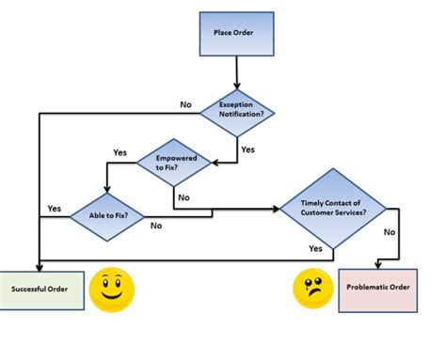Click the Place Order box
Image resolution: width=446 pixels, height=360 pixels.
click(236, 34)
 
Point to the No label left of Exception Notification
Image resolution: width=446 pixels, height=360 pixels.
click(185, 103)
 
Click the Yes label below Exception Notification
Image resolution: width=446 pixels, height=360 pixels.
click(247, 149)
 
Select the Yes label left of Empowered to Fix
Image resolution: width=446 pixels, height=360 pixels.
click(119, 152)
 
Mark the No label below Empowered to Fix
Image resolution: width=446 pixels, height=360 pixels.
click(183, 198)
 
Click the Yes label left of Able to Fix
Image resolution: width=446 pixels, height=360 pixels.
click(54, 208)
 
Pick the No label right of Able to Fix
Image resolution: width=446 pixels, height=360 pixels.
click(154, 227)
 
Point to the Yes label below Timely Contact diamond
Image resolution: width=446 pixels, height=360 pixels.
click(315, 248)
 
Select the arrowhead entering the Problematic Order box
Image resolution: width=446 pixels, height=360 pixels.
click(378, 264)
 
